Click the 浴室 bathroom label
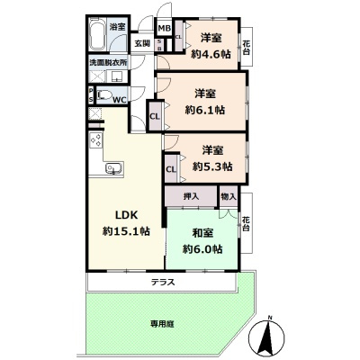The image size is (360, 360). tap(118, 28)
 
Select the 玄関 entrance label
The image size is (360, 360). tap(142, 42)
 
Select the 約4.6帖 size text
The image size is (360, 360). tap(211, 55)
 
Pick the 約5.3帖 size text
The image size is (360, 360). tap(211, 166)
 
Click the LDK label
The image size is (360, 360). tap(126, 214)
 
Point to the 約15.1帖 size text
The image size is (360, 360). tap(126, 231)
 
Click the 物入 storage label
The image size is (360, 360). tap(228, 195)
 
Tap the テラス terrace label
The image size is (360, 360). tap(163, 283)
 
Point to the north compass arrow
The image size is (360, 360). tap(268, 339)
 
